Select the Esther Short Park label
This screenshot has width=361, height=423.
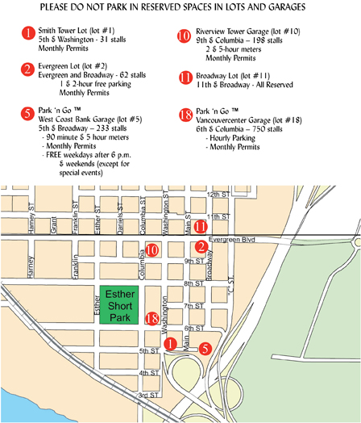point(119,305)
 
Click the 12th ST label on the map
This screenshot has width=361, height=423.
point(218,195)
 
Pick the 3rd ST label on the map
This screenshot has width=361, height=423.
point(147,396)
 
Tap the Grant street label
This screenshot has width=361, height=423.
point(53,220)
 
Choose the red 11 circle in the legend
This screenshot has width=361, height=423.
point(184,78)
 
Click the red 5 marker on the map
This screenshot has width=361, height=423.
point(205,349)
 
